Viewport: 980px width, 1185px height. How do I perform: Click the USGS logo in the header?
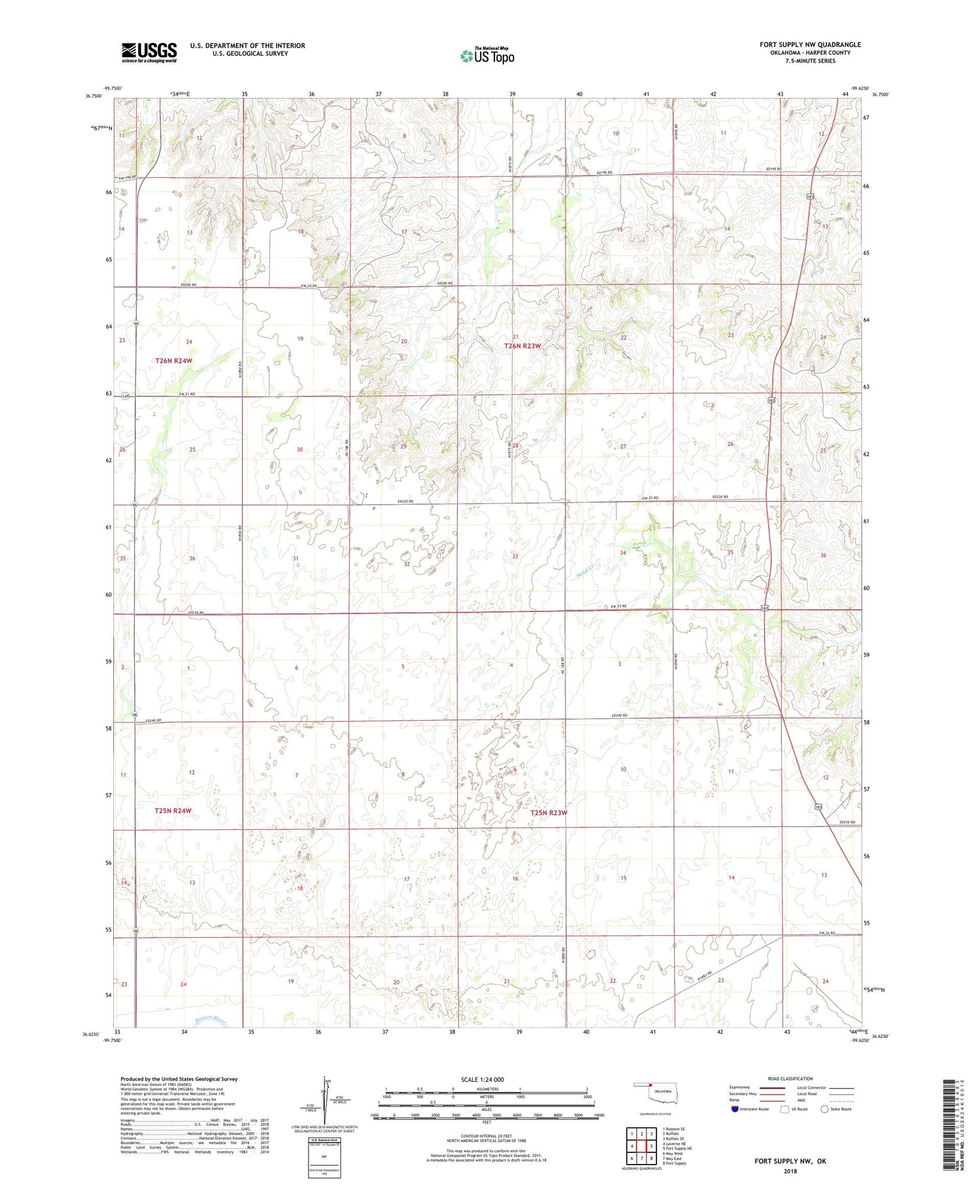point(149,52)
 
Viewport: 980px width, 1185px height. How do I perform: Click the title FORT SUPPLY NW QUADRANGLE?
point(810,45)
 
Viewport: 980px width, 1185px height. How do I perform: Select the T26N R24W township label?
point(174,361)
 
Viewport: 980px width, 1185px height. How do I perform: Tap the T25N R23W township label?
point(549,812)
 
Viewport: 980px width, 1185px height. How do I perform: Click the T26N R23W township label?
point(522,346)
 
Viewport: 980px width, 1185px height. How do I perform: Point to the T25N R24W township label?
point(173,810)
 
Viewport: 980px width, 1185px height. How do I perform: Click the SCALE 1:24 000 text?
point(482,1079)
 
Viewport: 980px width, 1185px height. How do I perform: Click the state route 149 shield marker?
point(126,396)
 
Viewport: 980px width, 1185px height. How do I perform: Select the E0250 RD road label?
point(847,823)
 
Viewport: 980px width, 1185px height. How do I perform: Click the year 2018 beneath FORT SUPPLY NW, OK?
point(790,1171)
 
